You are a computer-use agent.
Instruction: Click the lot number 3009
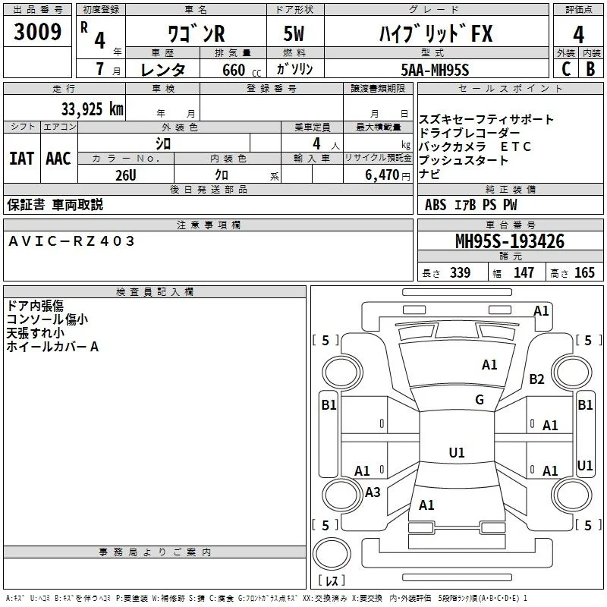37,31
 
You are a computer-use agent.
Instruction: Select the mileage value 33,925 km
92,109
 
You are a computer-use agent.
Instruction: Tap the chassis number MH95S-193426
510,241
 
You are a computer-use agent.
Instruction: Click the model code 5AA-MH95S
435,70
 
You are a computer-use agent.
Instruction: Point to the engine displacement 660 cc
241,70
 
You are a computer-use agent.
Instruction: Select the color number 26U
126,175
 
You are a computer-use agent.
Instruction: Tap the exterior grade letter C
566,69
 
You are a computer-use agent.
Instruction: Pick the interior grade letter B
590,69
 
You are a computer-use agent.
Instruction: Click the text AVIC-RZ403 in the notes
71,241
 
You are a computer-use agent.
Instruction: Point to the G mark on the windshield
480,399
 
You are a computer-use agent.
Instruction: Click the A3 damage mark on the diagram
373,492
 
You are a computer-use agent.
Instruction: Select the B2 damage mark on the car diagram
536,379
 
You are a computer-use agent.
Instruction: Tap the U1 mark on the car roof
457,452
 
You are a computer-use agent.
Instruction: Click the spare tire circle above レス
332,554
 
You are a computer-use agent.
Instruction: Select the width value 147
524,272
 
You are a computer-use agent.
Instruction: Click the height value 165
584,272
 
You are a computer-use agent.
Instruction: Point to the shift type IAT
22,159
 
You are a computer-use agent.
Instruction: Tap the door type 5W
294,33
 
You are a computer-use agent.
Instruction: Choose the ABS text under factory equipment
436,205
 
